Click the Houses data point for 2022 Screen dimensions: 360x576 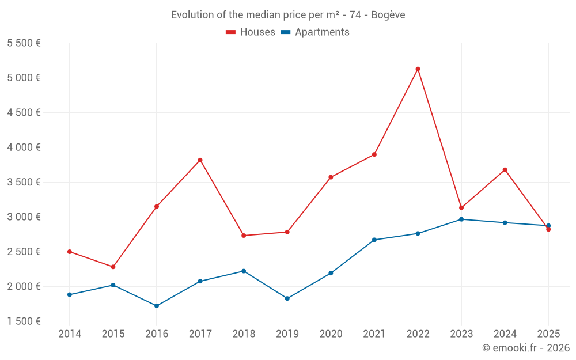click(x=418, y=69)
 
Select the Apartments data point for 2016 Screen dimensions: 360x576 click(x=157, y=306)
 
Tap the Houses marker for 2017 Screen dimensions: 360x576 click(x=200, y=160)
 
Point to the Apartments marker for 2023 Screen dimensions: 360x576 click(x=461, y=219)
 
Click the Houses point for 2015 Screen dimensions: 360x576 click(x=113, y=267)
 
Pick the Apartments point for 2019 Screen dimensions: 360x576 click(x=287, y=298)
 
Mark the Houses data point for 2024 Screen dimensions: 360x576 click(x=505, y=170)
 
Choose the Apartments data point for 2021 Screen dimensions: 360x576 click(x=374, y=240)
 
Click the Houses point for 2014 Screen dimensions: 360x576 click(x=70, y=252)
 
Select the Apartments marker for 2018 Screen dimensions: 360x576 click(x=244, y=271)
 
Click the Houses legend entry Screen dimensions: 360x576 click(x=251, y=32)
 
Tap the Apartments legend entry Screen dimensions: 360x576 click(x=315, y=32)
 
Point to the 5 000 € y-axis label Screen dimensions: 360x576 click(x=24, y=78)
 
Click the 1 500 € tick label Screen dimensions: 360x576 click(x=24, y=321)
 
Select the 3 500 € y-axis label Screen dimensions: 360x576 click(x=24, y=182)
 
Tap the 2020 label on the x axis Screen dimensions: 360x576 click(x=331, y=334)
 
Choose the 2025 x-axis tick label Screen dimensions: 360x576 click(x=548, y=334)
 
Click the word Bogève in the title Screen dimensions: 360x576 click(x=388, y=15)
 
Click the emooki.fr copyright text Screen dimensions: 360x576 click(x=525, y=348)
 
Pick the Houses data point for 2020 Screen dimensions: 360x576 click(x=331, y=177)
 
